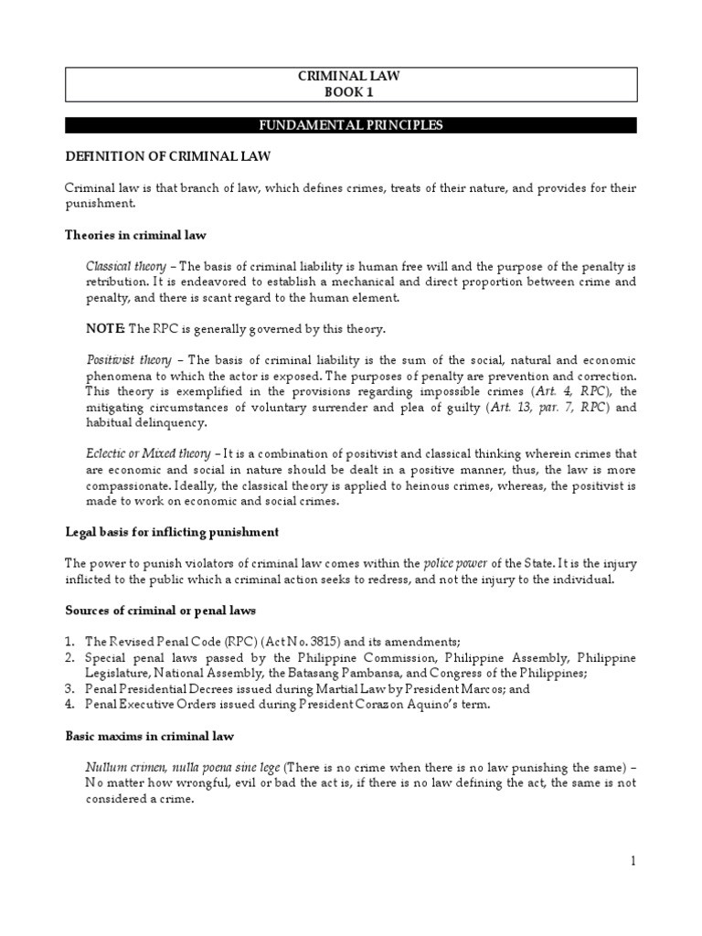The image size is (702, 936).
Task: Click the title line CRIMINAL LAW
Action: tap(349, 77)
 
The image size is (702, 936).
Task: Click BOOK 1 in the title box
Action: tap(349, 92)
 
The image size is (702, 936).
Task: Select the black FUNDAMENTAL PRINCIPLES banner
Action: tap(349, 125)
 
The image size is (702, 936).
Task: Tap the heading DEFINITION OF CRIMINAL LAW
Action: tap(167, 156)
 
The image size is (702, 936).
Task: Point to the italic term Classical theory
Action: tap(126, 266)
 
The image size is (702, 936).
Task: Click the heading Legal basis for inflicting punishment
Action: tap(172, 531)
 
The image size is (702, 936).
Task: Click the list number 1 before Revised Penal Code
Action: tap(69, 642)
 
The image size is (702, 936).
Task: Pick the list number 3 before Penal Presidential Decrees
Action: tap(69, 689)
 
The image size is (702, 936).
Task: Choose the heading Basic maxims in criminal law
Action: tap(151, 736)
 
